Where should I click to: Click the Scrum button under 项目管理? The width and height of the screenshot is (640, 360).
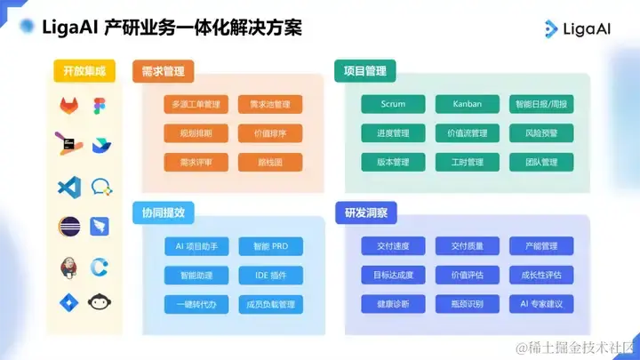click(393, 104)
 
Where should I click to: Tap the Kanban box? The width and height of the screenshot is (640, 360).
click(467, 104)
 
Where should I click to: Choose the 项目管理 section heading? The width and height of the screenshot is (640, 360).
click(365, 71)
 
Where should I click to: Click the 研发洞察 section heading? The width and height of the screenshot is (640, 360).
click(365, 213)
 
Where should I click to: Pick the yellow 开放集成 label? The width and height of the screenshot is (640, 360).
click(85, 71)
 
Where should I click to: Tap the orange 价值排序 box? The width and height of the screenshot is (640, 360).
click(270, 133)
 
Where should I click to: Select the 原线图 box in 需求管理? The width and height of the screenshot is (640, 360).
click(270, 163)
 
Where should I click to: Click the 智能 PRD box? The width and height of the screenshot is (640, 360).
click(270, 246)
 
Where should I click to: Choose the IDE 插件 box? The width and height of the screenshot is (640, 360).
click(270, 275)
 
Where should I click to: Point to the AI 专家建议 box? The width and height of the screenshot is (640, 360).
click(541, 304)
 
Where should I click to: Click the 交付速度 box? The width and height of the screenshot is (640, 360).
click(393, 246)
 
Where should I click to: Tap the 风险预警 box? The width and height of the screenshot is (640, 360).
click(541, 133)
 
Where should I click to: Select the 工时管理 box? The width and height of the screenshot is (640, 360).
click(467, 163)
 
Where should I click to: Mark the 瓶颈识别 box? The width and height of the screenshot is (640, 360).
click(467, 304)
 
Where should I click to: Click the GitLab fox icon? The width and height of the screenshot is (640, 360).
click(69, 106)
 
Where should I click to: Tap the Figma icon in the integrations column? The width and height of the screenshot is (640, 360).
click(98, 105)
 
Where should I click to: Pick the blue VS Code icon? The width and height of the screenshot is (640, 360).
click(69, 187)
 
